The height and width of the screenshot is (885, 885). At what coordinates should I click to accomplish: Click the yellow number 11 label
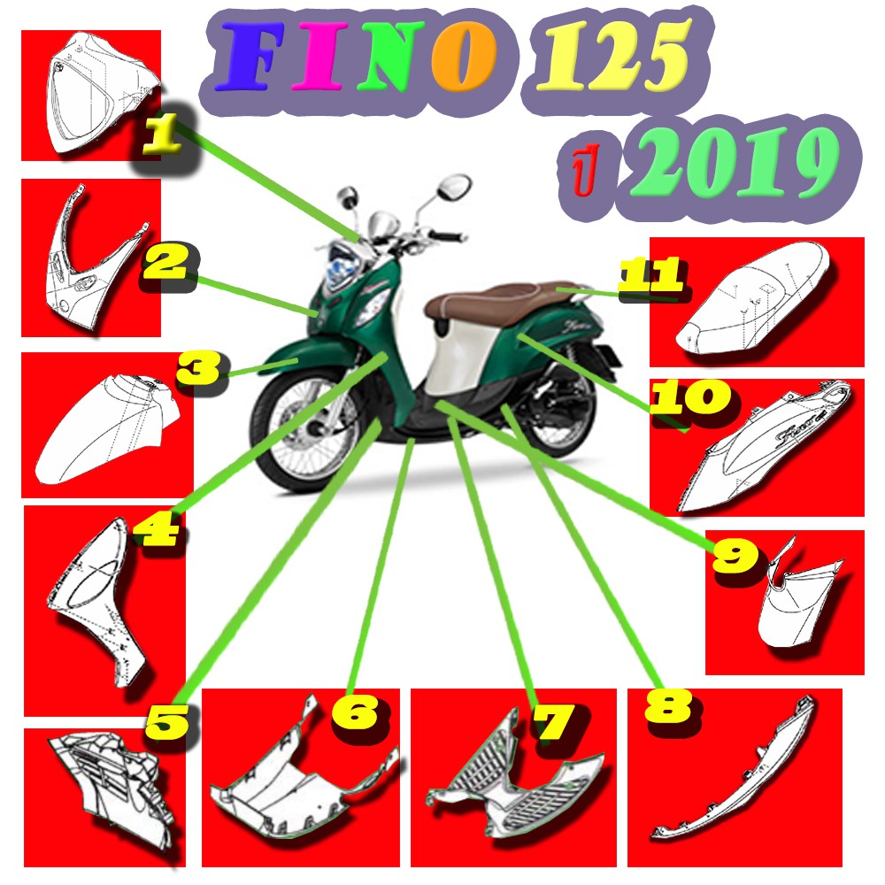pyautogui.click(x=650, y=276)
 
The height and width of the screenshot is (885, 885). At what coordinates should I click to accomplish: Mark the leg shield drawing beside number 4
pyautogui.click(x=102, y=602)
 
